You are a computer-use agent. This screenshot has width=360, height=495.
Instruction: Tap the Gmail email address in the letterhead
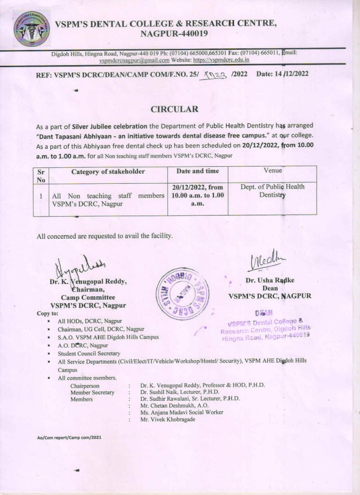pos(134,60)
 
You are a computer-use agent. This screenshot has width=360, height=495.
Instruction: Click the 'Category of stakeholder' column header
pos(108,171)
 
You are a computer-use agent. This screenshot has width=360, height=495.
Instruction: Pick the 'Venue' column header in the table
pos(272,171)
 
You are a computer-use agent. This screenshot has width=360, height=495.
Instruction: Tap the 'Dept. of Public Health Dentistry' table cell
pos(272,191)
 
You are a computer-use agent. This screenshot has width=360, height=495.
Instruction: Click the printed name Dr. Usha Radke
pos(270,280)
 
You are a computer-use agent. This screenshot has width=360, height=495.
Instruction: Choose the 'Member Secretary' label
pos(92,393)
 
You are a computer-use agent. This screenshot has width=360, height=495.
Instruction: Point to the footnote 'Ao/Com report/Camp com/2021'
pos(69,437)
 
